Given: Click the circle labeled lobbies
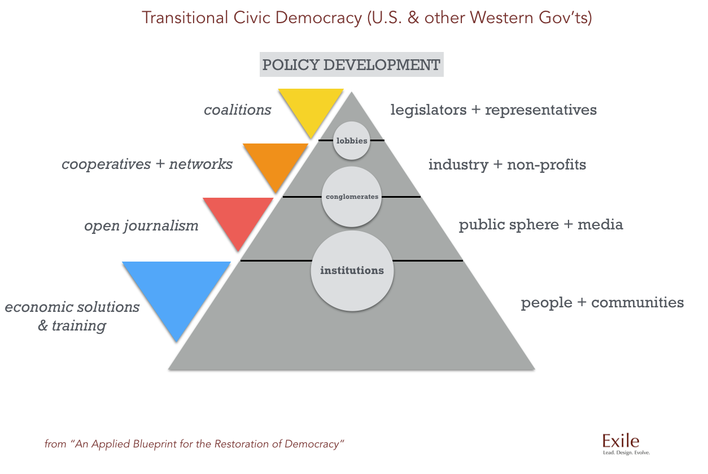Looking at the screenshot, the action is coord(352,141).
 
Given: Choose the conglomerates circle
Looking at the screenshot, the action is coord(352,197).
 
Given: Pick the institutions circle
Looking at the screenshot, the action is coord(352,271).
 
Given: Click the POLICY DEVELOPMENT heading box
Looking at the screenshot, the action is coord(352,64).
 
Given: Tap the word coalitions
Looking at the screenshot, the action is coord(237,110).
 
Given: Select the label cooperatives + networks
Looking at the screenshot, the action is coord(147,164).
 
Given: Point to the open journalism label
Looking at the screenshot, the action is coord(141,226).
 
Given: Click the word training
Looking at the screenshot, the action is coord(79,325).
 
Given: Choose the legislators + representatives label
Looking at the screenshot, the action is coord(493,110).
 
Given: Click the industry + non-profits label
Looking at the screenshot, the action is coord(507,164).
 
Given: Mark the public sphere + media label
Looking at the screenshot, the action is coord(541,224).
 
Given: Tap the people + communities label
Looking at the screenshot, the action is coord(602,303).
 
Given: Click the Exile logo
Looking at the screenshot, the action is coord(620,441).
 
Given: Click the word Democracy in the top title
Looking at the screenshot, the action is coord(318,18).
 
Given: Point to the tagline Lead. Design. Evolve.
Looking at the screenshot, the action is coord(626,453).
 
